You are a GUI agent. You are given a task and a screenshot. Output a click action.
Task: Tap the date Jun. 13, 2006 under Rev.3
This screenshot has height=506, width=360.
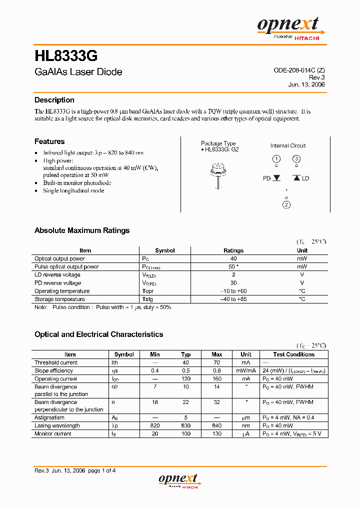point(306,85)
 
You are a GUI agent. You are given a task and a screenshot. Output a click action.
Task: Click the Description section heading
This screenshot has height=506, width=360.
point(54,100)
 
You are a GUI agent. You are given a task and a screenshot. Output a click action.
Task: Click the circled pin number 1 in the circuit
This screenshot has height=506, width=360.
point(276,159)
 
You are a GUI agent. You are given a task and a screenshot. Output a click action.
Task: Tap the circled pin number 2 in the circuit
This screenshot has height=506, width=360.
point(286,204)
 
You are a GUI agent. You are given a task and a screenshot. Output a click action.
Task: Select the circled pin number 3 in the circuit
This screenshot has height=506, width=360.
point(296,159)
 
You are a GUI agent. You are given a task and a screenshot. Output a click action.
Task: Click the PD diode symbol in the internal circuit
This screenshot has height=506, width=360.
point(276,178)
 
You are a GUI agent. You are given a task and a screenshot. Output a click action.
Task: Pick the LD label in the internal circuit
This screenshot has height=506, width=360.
point(305,178)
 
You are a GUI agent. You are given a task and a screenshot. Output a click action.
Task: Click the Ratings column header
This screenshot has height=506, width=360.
point(233,250)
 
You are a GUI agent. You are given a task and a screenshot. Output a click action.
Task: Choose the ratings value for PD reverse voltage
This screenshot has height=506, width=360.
point(233,283)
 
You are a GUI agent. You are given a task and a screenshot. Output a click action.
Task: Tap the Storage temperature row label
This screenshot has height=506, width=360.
point(59,299)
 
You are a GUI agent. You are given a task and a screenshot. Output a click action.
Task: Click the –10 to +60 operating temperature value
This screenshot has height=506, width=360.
point(233,291)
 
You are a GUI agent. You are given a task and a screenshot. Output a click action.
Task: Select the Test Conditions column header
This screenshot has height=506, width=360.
point(293,354)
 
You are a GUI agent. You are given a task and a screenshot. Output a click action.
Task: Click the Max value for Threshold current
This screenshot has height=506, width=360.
point(216,362)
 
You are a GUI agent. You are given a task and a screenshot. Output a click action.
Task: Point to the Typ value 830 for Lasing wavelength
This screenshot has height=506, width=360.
point(185,425)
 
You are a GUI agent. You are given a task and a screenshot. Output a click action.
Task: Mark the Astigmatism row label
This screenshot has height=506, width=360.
point(49,417)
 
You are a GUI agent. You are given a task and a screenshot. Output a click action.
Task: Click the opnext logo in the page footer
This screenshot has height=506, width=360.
point(178,480)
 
